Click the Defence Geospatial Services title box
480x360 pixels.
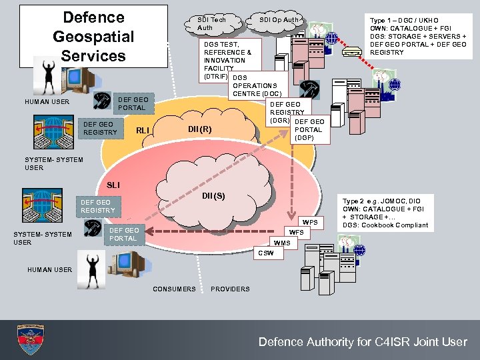pos(93,37)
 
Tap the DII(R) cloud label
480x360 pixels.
pos(200,129)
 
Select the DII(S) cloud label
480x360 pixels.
pos(213,196)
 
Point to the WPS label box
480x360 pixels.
pos(310,222)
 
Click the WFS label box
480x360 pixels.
pos(296,233)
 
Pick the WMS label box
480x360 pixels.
pos(282,243)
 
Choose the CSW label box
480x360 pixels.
pos(265,253)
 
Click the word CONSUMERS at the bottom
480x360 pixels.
pos(175,289)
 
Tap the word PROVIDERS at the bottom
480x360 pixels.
pos(230,289)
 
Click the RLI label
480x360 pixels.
pos(142,130)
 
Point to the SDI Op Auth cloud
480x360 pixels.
pos(279,21)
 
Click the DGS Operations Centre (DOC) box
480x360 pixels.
pos(257,85)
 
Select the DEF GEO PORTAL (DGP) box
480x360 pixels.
pos(308,129)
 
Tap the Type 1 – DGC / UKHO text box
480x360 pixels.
pos(418,37)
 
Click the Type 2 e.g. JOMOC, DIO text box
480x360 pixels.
pos(386,213)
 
